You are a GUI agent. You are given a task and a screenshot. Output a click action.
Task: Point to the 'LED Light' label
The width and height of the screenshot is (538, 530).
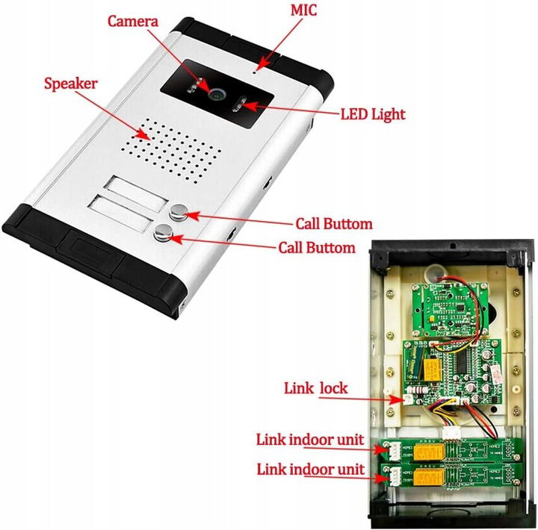point(372,114)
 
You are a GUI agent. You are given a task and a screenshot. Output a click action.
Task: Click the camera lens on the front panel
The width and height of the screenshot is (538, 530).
point(217,93)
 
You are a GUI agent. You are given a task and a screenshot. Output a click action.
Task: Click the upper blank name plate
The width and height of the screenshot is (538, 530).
point(134,187)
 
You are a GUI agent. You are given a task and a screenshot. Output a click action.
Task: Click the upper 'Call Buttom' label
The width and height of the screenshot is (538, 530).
point(334,223)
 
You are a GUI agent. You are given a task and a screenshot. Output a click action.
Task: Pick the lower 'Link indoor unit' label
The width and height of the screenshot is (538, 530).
point(310,470)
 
